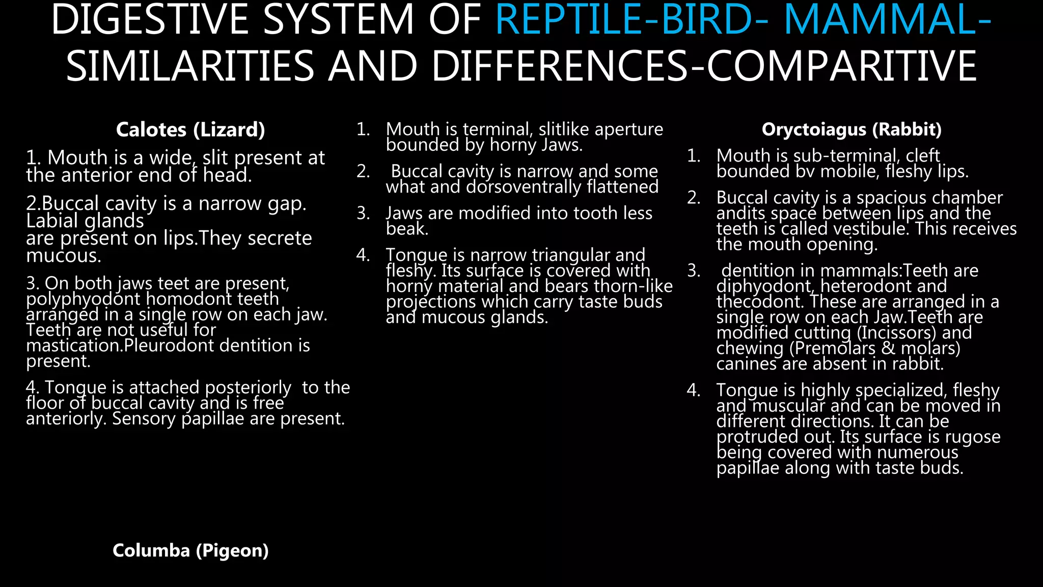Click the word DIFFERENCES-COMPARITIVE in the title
point(703,66)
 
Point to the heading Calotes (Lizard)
point(190,130)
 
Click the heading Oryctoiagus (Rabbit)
point(852,130)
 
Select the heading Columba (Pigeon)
point(190,551)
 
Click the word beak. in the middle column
point(407,229)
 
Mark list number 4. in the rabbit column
point(694,390)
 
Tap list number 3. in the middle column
point(363,213)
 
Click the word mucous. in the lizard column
point(64,256)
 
